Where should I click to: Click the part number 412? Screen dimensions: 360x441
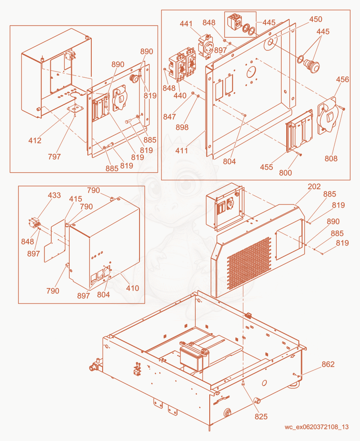35,140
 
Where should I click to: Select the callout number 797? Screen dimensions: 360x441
54,156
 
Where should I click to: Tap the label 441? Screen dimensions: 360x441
186,24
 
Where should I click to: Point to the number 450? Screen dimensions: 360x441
316,19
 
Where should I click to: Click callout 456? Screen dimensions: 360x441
342,79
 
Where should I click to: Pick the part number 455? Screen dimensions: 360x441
266,167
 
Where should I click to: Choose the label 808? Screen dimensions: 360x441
331,159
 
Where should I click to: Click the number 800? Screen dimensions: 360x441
285,173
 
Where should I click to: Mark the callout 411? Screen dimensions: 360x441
181,151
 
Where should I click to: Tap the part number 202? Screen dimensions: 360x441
314,187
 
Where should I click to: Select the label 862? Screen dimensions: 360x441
328,364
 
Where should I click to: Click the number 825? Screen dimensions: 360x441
261,417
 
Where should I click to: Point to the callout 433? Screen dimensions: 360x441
54,195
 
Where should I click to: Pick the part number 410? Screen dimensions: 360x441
133,288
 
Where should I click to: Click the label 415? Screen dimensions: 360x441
76,199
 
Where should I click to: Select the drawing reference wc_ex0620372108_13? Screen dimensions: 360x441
317,427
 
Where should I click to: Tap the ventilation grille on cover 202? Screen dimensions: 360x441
249,263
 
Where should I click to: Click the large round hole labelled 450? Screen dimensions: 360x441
270,43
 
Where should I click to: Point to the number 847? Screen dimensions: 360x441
170,117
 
